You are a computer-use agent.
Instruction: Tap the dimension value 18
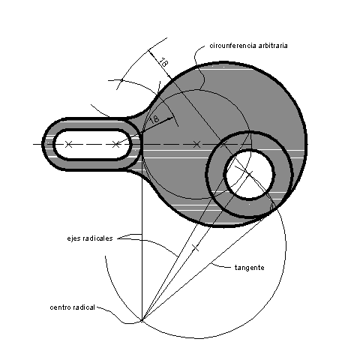tap(163, 62)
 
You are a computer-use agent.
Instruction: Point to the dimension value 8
tap(155, 118)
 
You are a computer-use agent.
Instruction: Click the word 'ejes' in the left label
tap(73, 238)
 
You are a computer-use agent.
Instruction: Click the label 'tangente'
tap(250, 268)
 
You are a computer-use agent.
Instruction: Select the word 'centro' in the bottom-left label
tap(60, 307)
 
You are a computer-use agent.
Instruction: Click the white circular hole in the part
tap(249, 174)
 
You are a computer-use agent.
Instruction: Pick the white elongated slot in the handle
tap(92, 144)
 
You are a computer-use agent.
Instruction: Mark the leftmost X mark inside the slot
tap(68, 144)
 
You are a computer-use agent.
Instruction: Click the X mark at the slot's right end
tap(115, 144)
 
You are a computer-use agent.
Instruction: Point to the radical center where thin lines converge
tap(142, 320)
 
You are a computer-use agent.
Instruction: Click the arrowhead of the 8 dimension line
tap(170, 118)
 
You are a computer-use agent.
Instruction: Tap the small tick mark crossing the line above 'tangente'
tap(195, 248)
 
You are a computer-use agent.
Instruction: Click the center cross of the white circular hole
tap(249, 173)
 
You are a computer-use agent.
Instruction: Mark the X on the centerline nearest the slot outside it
tap(196, 144)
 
